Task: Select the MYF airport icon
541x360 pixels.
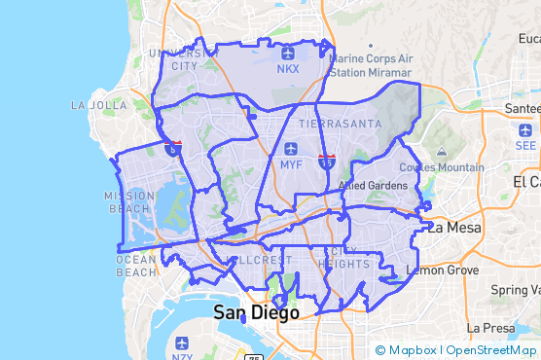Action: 291,149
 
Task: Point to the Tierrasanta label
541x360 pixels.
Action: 335,125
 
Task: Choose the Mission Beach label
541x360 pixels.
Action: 129,201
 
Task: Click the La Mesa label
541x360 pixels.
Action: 452,227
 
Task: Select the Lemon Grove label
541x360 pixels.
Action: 443,269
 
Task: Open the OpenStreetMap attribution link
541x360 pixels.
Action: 492,350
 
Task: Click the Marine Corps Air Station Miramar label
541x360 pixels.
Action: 374,65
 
